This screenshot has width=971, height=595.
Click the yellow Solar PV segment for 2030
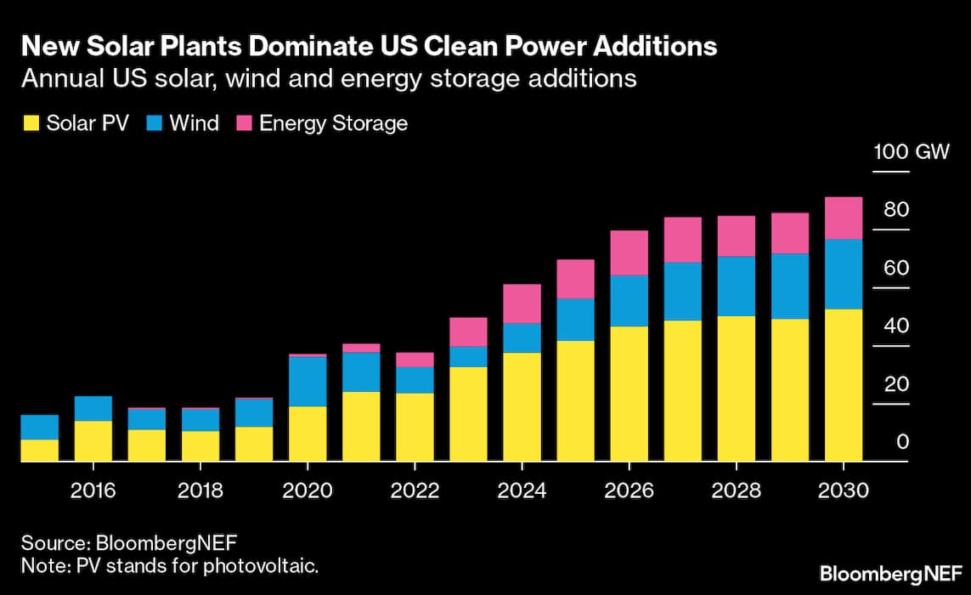(844, 385)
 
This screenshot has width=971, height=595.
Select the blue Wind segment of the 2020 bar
(308, 382)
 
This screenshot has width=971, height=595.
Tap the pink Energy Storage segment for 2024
(522, 303)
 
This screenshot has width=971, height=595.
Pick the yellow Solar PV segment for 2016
(93, 441)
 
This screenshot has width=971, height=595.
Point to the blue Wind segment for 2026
(629, 301)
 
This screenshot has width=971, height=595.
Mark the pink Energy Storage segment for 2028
(736, 236)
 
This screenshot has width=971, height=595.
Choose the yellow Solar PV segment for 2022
(415, 427)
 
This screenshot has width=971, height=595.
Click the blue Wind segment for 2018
(200, 420)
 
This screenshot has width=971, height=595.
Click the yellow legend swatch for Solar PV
(31, 124)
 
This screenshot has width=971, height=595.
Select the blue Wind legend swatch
(154, 124)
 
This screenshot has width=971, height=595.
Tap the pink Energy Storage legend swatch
(244, 124)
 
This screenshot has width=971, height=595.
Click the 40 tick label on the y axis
(896, 326)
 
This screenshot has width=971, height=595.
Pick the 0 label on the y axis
(903, 442)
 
